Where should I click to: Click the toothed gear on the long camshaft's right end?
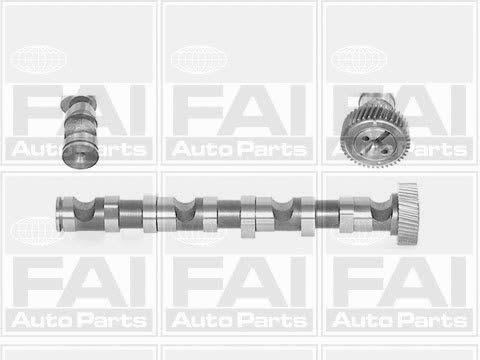(x=407, y=214)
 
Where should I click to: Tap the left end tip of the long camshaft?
(x=57, y=213)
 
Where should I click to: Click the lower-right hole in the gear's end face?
(x=384, y=151)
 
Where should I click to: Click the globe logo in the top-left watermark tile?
(x=39, y=60)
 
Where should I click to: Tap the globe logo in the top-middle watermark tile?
(x=199, y=60)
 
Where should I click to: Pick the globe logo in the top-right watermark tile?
(x=359, y=60)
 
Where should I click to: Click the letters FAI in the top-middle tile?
(x=239, y=110)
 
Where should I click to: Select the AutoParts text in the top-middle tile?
(x=239, y=149)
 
